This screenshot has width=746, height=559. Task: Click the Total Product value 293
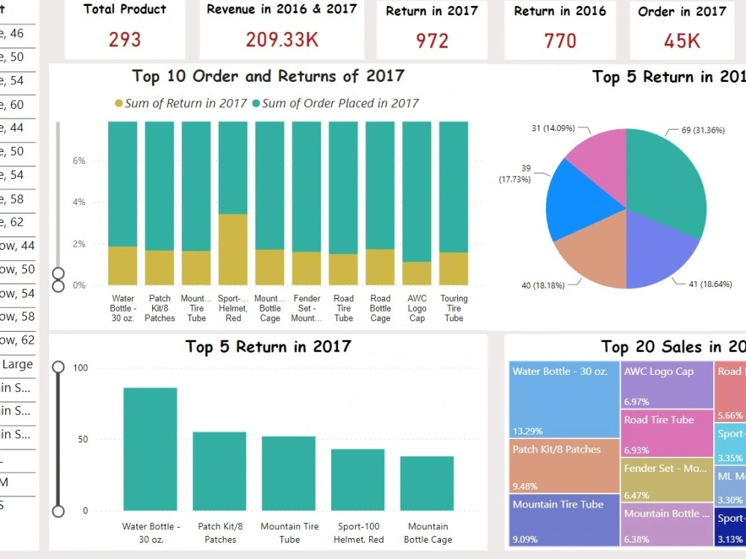(x=125, y=40)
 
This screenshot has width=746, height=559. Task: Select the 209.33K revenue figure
(x=282, y=40)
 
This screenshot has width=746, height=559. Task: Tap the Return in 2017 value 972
(x=432, y=40)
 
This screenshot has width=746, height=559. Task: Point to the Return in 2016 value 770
(x=560, y=40)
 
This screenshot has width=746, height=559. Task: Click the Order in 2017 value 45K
(x=682, y=40)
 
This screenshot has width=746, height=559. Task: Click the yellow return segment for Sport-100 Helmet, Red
(x=233, y=250)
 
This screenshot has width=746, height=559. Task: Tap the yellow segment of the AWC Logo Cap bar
(x=417, y=273)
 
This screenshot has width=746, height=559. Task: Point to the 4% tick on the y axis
(x=78, y=202)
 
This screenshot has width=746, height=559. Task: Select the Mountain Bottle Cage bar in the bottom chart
(x=427, y=483)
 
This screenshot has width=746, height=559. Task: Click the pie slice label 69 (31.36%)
(x=706, y=130)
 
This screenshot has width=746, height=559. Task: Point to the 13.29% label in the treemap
(x=527, y=431)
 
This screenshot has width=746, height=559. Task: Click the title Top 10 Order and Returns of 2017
(x=268, y=76)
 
